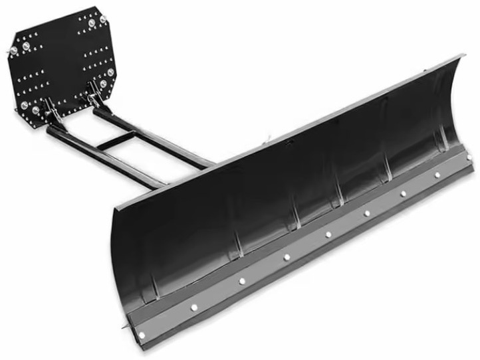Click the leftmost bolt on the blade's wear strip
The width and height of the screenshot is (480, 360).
pyautogui.click(x=142, y=333)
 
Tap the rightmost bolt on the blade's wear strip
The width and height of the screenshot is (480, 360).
pyautogui.click(x=469, y=157)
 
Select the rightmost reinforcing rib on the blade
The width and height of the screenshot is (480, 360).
pyautogui.click(x=440, y=133)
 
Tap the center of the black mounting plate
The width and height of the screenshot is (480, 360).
pyautogui.click(x=63, y=60)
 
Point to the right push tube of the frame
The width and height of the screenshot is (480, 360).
pyautogui.click(x=153, y=137)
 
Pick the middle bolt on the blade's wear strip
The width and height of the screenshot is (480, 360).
pyautogui.click(x=327, y=234)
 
